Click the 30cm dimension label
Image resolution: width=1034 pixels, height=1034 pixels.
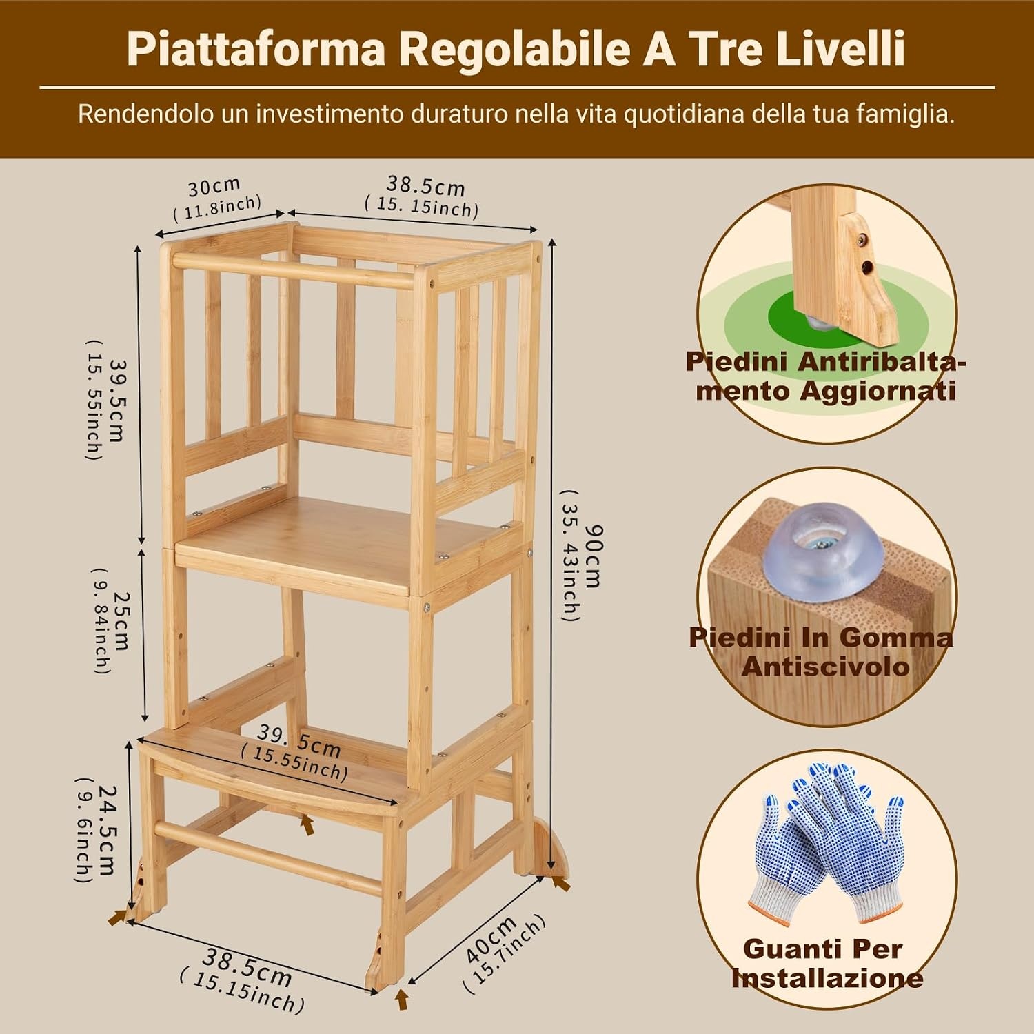[214, 185]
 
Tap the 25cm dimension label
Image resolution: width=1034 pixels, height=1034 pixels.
[121, 620]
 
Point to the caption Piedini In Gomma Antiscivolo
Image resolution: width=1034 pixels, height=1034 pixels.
[821, 651]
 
